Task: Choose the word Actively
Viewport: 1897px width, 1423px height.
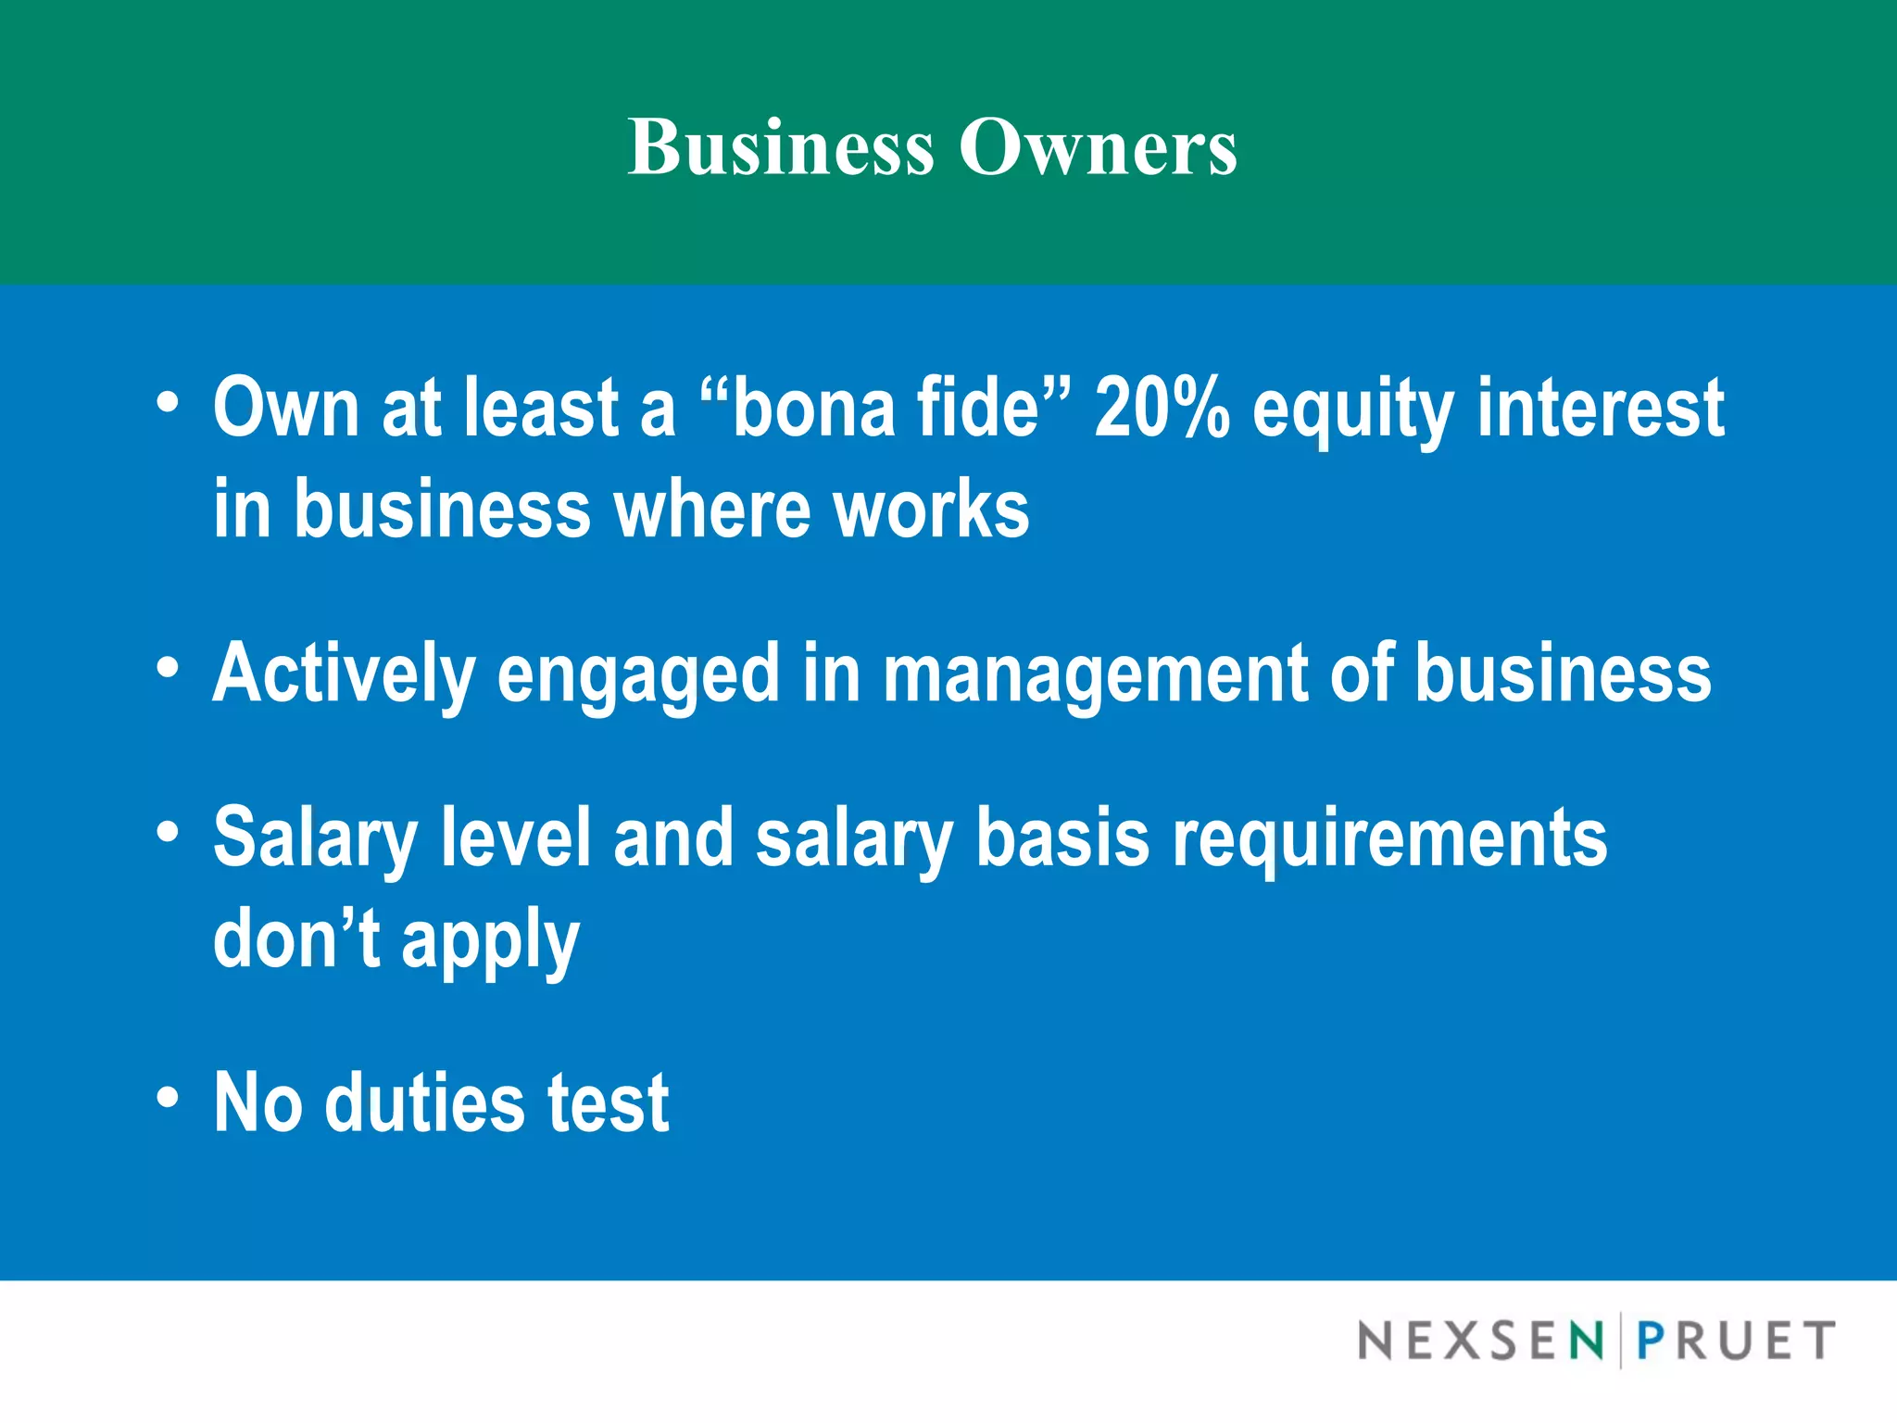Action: (344, 674)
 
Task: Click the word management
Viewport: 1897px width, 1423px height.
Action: (1096, 674)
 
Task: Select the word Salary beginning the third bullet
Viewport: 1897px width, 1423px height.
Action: (316, 839)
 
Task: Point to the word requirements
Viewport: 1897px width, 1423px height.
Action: (1389, 839)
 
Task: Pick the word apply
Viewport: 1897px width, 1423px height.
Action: (490, 941)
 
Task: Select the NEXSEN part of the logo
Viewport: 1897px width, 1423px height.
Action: (1480, 1341)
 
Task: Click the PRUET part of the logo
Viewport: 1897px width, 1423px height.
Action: (1735, 1341)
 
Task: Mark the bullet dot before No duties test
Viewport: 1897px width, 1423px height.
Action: (168, 1097)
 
